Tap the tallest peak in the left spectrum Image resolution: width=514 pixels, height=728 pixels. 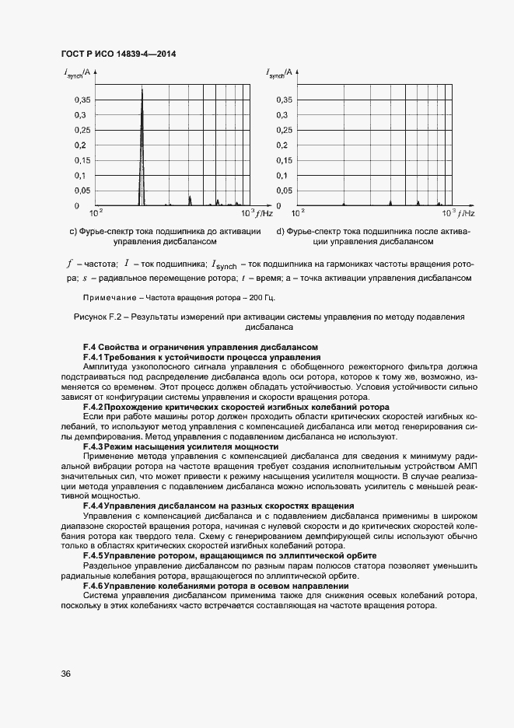click(x=142, y=90)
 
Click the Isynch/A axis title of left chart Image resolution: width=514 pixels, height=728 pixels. click(x=78, y=73)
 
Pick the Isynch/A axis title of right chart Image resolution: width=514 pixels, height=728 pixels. click(x=279, y=73)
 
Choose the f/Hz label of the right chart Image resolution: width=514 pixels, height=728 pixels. click(x=465, y=212)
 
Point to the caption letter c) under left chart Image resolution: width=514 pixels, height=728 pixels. click(x=74, y=231)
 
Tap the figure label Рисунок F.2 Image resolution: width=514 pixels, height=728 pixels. click(x=96, y=317)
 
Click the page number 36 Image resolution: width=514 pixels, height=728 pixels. click(x=66, y=674)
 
